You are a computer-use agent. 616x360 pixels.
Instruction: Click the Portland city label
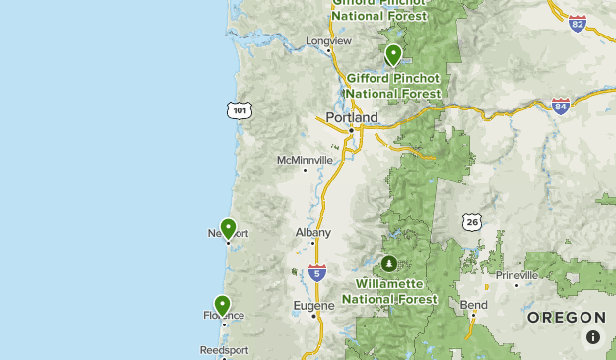click(352, 117)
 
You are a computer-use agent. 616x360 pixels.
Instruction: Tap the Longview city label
click(328, 41)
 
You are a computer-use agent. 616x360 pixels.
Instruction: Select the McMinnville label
click(305, 160)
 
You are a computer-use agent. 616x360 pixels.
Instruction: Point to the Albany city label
click(312, 233)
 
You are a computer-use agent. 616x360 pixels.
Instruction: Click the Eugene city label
click(314, 306)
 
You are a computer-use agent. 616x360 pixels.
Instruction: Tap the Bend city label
click(473, 305)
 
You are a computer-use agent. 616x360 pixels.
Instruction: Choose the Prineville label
click(517, 275)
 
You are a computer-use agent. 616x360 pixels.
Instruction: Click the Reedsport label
click(224, 350)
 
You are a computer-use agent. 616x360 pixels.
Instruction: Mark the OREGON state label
click(566, 317)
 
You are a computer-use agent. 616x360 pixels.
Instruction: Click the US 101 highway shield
click(240, 109)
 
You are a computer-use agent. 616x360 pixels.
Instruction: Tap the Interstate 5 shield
click(316, 272)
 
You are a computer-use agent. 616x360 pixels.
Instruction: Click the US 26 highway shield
click(473, 223)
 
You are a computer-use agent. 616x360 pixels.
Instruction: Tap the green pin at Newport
click(228, 229)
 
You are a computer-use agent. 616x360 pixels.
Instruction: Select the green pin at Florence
click(223, 305)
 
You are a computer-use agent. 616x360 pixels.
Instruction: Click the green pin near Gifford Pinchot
click(393, 54)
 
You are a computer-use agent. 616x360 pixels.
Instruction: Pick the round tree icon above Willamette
click(389, 264)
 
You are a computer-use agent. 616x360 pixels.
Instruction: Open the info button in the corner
click(593, 337)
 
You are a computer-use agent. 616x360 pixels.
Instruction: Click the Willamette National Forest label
click(389, 291)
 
